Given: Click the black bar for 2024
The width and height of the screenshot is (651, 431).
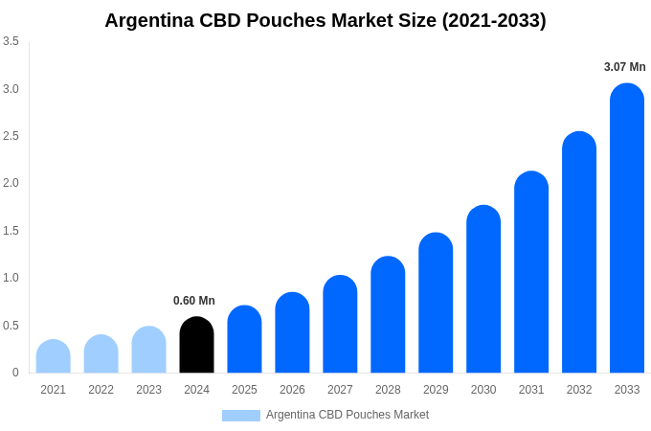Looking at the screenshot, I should click(x=196, y=345).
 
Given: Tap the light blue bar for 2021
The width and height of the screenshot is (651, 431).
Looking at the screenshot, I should click(x=53, y=356).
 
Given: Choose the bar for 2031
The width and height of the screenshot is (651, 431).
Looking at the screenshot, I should click(x=531, y=272).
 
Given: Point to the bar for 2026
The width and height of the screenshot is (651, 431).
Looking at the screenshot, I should click(x=292, y=332).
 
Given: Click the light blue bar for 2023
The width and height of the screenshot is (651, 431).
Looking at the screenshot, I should click(x=148, y=350).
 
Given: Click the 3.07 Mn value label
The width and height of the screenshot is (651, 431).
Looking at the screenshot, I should click(x=624, y=67).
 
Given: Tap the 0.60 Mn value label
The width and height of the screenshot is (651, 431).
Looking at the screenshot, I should click(x=194, y=301).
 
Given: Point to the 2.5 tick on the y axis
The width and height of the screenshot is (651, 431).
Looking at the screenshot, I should click(x=11, y=136).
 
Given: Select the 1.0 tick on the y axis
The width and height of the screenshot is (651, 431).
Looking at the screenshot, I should click(x=11, y=278).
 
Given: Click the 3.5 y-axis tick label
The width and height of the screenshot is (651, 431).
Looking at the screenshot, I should click(x=11, y=41).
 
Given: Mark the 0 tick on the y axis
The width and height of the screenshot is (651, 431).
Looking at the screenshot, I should click(x=15, y=373).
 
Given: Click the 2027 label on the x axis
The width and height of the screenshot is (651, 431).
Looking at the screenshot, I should click(x=340, y=390).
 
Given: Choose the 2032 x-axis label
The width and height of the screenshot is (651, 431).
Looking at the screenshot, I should click(x=579, y=390).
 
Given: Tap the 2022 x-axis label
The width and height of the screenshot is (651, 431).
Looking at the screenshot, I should click(x=101, y=390).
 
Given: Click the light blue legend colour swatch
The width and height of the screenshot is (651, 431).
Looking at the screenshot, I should click(x=241, y=416).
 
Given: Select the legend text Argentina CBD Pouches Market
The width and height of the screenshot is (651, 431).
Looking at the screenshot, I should click(x=348, y=415).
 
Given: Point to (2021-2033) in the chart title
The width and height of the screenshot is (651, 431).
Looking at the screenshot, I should click(x=494, y=20).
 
